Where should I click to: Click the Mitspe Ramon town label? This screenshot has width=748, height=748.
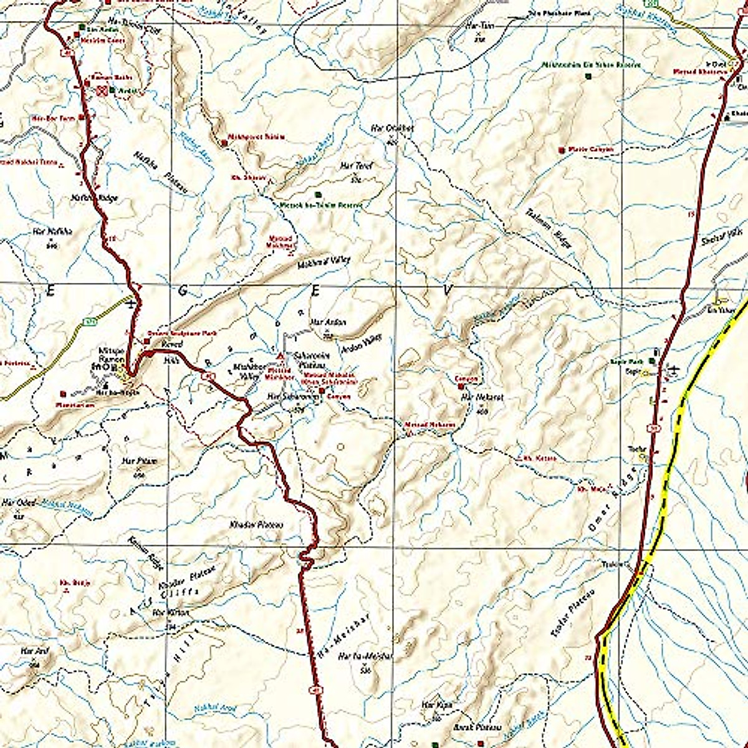pyautogui.click(x=110, y=355)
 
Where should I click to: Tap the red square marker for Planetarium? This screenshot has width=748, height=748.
pyautogui.click(x=64, y=393)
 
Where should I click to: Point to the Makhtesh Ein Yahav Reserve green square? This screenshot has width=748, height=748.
pyautogui.click(x=588, y=76)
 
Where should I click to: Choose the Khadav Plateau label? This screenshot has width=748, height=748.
pyautogui.click(x=257, y=525)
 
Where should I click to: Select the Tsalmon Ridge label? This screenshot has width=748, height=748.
pyautogui.click(x=548, y=228)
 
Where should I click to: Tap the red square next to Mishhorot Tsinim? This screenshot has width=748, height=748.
pyautogui.click(x=224, y=143)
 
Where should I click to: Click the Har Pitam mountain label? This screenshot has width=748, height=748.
pyautogui.click(x=140, y=461)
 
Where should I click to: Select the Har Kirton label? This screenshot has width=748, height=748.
pyautogui.click(x=170, y=613)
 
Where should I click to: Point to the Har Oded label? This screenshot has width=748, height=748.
pyautogui.click(x=19, y=502)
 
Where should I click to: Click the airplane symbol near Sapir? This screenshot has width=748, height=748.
pyautogui.click(x=672, y=370)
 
